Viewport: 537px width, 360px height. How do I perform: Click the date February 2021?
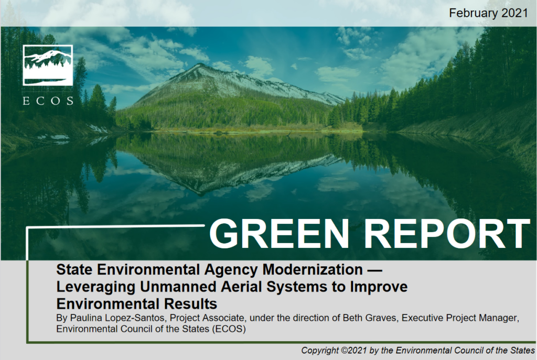(488, 13)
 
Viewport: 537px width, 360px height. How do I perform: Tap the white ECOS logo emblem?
(48, 65)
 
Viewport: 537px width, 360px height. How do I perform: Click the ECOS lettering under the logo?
(48, 101)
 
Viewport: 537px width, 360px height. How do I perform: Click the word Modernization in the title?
(313, 269)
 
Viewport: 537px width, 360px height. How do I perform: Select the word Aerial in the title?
(241, 287)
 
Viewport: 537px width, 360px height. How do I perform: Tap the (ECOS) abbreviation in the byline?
(229, 329)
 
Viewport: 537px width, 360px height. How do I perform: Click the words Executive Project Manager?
(460, 318)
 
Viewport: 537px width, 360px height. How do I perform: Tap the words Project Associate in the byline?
(207, 318)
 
